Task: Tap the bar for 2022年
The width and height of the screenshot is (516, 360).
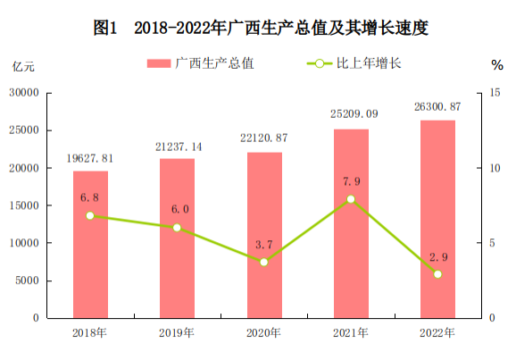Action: point(437,219)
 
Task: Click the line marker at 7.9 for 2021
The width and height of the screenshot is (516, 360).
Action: point(351,199)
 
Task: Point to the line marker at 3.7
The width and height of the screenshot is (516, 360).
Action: point(264,262)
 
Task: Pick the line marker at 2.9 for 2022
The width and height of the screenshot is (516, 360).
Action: point(437,274)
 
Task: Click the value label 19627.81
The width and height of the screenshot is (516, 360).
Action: point(90,158)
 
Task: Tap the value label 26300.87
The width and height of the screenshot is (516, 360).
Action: point(437,107)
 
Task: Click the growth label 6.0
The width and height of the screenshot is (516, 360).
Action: point(178,209)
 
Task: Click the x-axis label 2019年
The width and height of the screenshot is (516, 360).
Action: point(178,333)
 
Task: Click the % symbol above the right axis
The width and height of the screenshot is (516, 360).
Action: point(496,64)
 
